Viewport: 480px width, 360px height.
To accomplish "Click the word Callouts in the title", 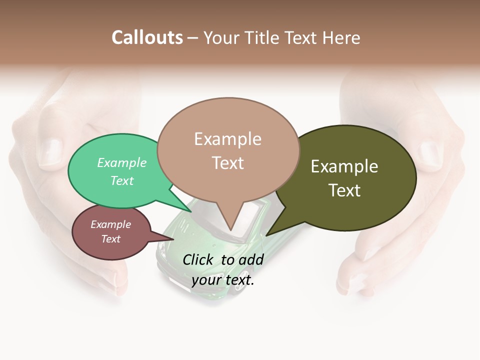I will pyautogui.click(x=147, y=37).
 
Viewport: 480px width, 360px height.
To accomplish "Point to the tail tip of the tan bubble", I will pyautogui.click(x=230, y=230).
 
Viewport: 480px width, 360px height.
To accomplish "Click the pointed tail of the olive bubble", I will pyautogui.click(x=267, y=235).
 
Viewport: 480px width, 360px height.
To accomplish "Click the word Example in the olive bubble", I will pyautogui.click(x=344, y=166).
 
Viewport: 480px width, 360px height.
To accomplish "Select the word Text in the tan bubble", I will pyautogui.click(x=228, y=163).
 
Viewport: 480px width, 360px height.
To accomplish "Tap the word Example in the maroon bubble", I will pyautogui.click(x=110, y=224).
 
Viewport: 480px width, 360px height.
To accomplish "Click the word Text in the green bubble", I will pyautogui.click(x=122, y=180).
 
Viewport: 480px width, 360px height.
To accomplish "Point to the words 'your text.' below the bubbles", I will pyautogui.click(x=223, y=280).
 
